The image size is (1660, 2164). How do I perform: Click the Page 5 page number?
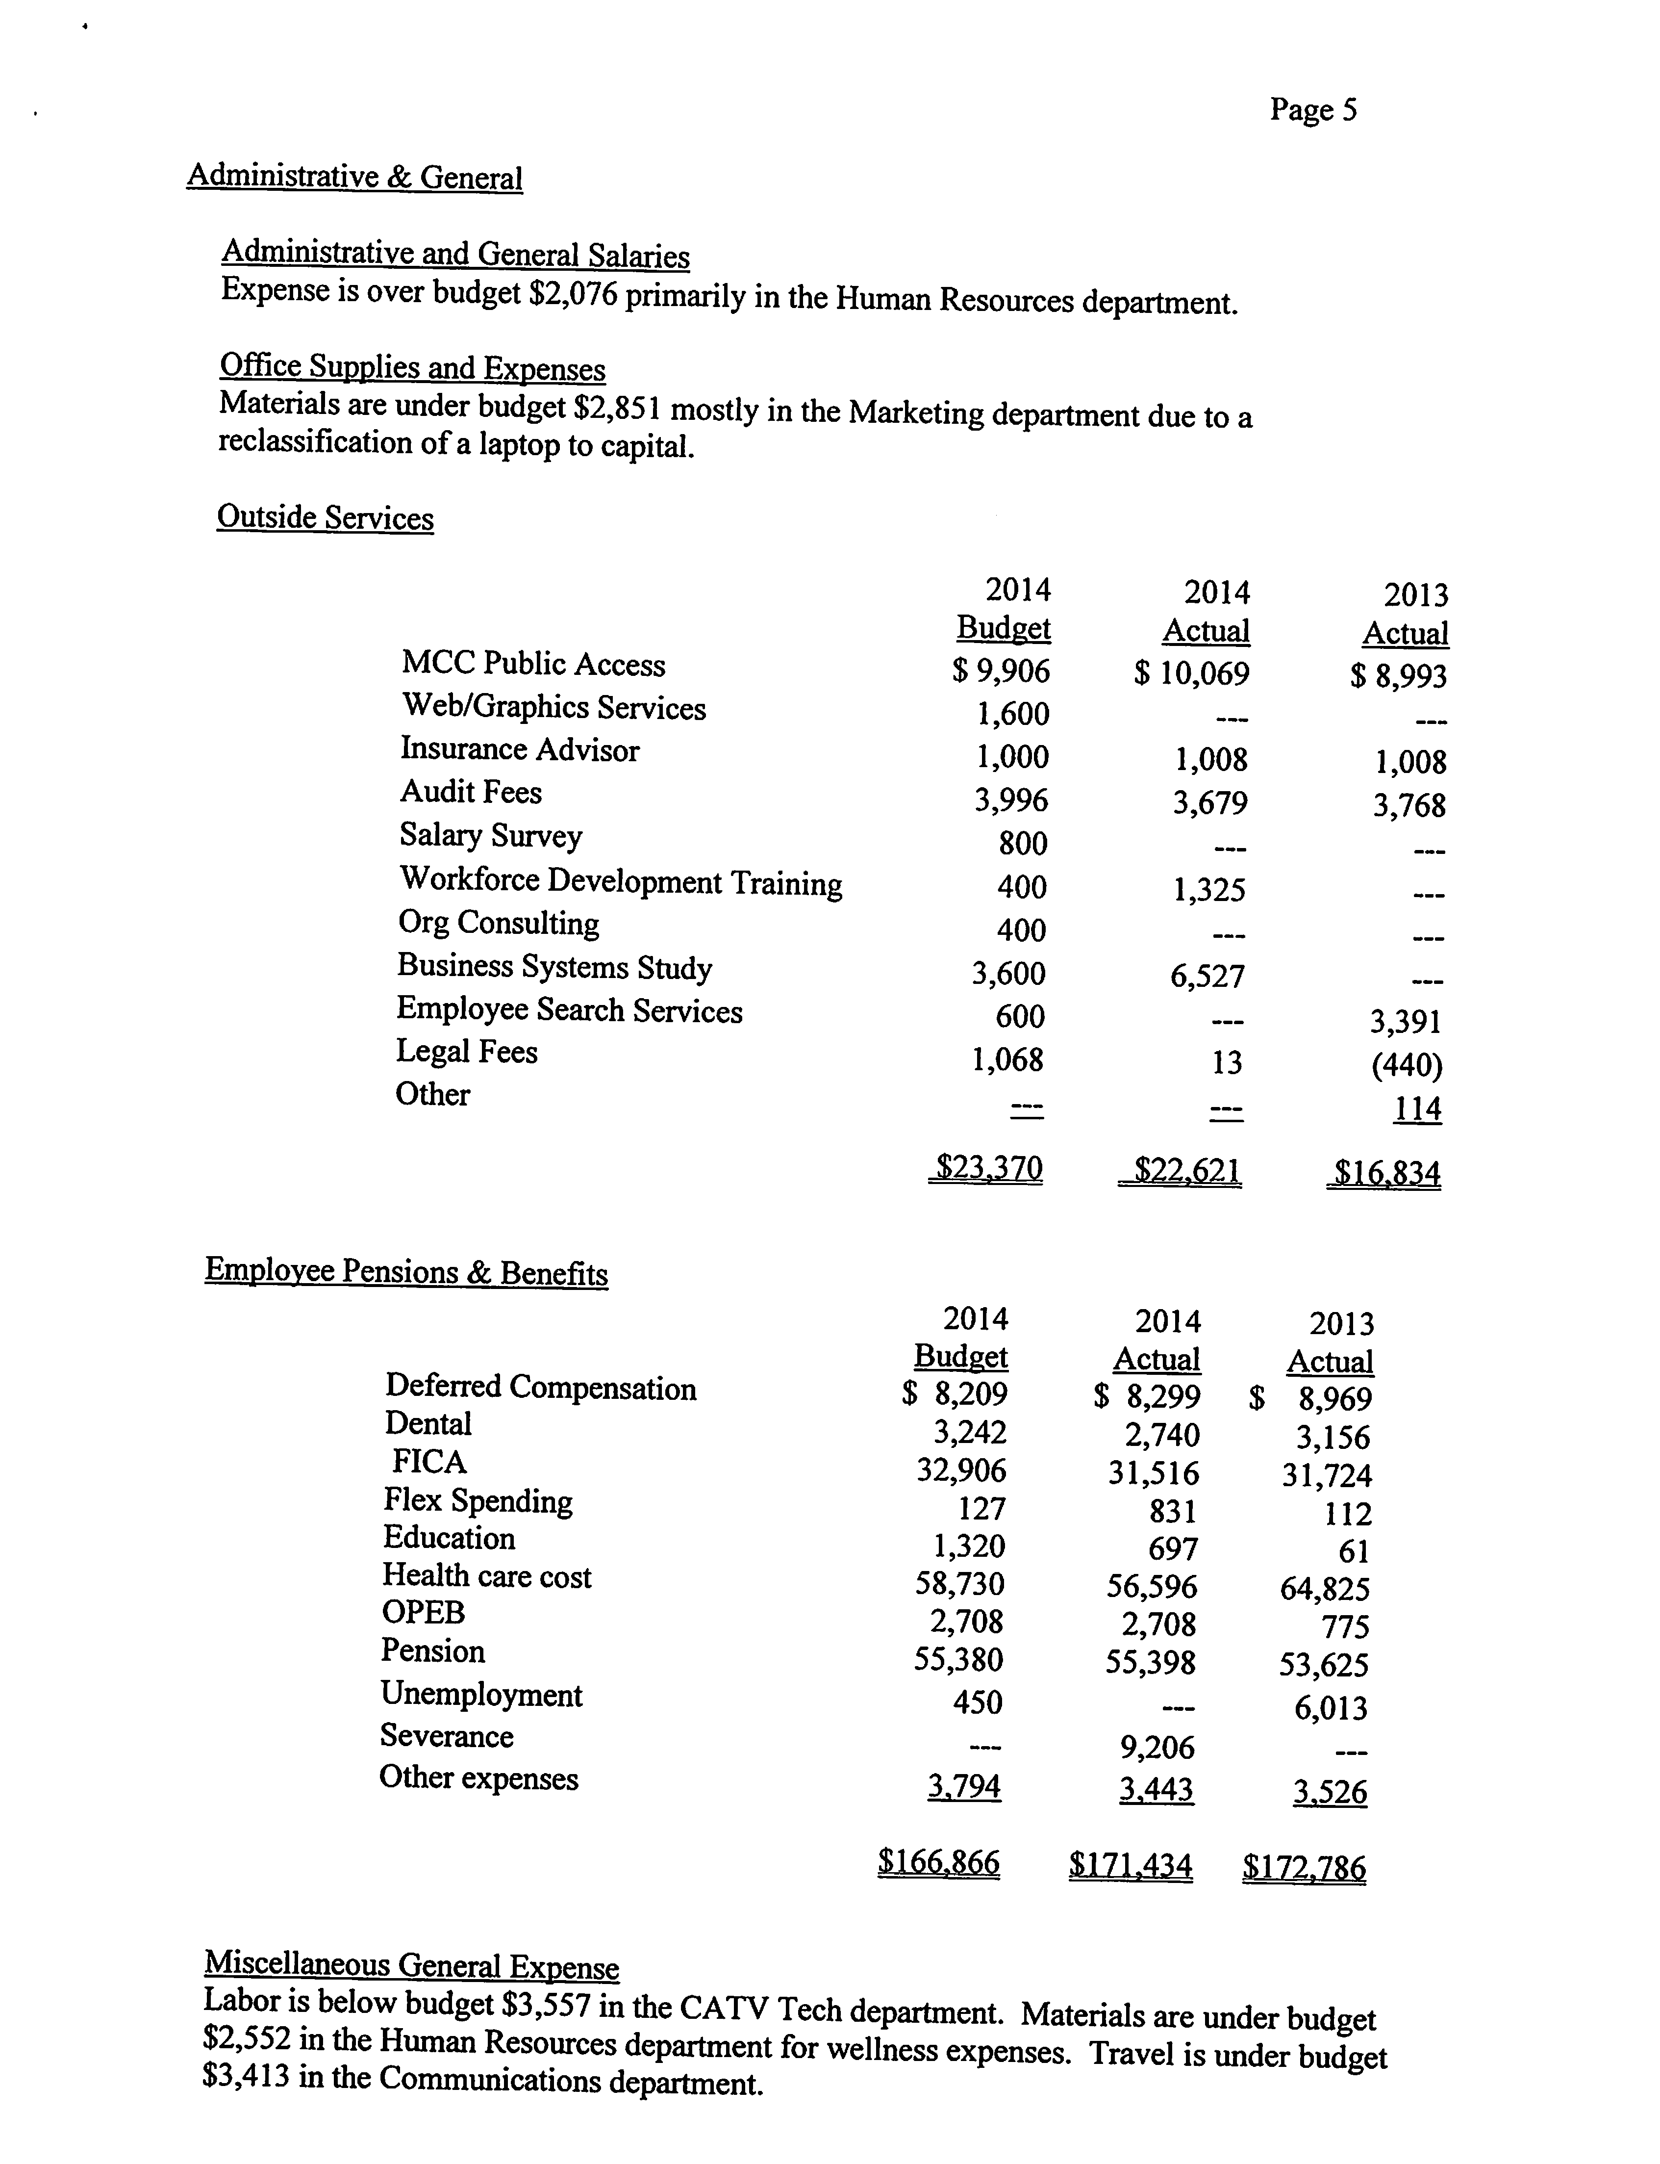click(1313, 110)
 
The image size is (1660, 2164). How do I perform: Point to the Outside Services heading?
click(325, 518)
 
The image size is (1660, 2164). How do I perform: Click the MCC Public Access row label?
click(532, 664)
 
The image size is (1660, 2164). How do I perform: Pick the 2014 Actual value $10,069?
click(1192, 674)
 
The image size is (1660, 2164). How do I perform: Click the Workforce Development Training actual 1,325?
click(1209, 890)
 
